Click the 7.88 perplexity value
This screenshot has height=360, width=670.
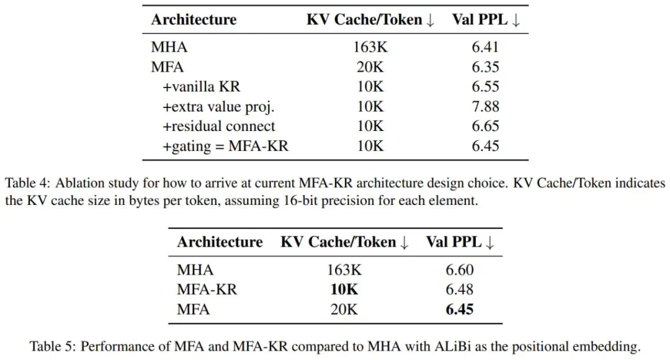[485, 107]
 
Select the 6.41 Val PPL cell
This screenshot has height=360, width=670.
[485, 47]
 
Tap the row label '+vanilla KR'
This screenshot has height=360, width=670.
[200, 87]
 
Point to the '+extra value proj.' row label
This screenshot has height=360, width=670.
[218, 107]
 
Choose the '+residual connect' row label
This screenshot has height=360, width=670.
[219, 127]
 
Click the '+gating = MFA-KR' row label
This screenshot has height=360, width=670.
[226, 146]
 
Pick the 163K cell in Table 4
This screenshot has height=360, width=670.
[370, 47]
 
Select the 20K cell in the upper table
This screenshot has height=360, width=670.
[370, 67]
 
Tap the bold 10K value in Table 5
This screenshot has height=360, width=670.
[344, 289]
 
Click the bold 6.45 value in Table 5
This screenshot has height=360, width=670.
[460, 309]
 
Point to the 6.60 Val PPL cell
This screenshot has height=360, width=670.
[460, 270]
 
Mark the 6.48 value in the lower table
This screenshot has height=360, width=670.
[460, 289]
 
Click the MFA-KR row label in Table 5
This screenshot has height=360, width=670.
[207, 289]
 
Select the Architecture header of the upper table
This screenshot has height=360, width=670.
[194, 19]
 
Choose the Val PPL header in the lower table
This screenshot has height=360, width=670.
[460, 242]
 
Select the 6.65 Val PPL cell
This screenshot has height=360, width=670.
[485, 127]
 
